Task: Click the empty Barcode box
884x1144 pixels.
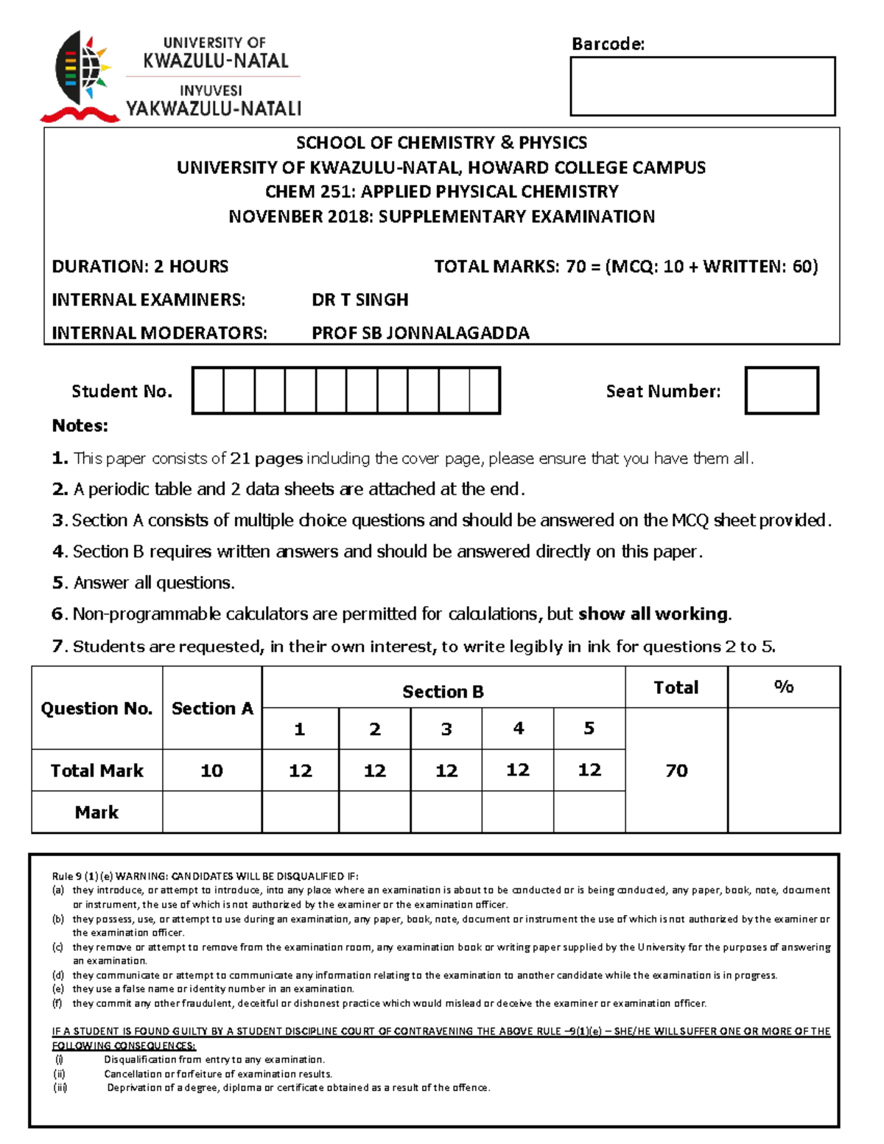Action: coord(702,86)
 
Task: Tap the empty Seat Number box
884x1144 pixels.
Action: coord(781,390)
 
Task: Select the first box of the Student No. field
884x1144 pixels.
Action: coord(208,390)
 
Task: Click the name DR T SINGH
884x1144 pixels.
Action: coord(359,300)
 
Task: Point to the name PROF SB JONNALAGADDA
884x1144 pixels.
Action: coord(420,333)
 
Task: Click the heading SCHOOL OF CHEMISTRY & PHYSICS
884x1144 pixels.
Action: coord(441,143)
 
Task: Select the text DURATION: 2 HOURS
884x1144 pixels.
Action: coord(140,267)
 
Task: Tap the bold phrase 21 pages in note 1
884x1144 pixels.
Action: coord(266,458)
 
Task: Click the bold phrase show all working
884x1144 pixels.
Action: coord(653,614)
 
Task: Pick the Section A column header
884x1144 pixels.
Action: coord(212,708)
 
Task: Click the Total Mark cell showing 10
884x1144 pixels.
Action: coord(211,771)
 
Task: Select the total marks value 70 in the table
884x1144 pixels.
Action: coord(676,771)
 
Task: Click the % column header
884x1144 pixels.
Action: coord(783,687)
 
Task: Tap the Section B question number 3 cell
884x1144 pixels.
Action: coord(446,729)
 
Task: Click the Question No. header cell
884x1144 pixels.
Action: coord(97,708)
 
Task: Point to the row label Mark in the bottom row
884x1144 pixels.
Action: coord(97,812)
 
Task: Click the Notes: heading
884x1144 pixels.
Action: coord(80,426)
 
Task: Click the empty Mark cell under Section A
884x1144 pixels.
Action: coord(211,812)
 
